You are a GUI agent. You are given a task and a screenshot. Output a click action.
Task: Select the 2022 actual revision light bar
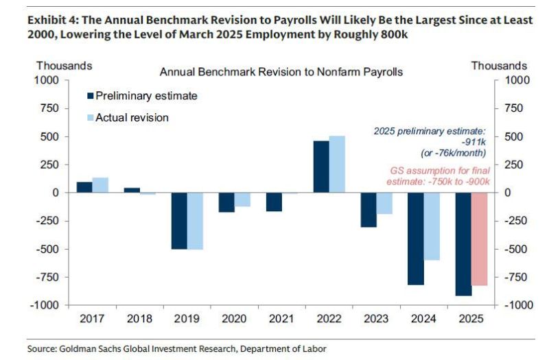pyautogui.click(x=337, y=165)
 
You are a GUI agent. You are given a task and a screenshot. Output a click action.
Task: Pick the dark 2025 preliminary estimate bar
pyautogui.click(x=463, y=244)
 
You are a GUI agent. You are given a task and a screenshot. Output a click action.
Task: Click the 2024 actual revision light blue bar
pyautogui.click(x=431, y=226)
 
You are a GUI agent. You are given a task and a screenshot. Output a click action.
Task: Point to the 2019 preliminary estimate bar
pyautogui.click(x=179, y=221)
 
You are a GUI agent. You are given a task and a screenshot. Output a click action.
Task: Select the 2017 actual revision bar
pyautogui.click(x=100, y=185)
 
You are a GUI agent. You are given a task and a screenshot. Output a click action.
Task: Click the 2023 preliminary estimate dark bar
pyautogui.click(x=369, y=210)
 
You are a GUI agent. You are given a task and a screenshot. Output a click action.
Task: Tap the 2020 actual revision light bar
pyautogui.click(x=242, y=200)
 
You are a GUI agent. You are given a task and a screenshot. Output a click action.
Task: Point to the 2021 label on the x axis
pyautogui.click(x=281, y=319)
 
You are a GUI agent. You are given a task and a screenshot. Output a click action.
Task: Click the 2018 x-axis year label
pyautogui.click(x=139, y=319)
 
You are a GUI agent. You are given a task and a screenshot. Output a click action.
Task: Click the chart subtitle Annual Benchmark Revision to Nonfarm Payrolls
pyautogui.click(x=281, y=71)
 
